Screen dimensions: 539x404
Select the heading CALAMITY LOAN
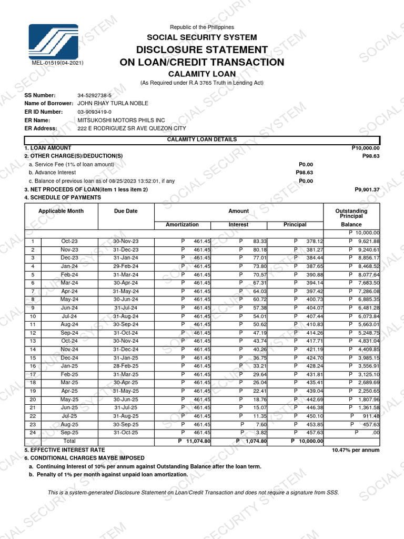[x=201, y=74]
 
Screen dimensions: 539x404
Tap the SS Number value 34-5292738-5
[x=94, y=95]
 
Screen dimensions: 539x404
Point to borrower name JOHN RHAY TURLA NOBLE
[x=113, y=103]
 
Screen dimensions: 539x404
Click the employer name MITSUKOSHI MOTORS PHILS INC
[x=121, y=120]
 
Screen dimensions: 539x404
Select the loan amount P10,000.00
[x=365, y=148]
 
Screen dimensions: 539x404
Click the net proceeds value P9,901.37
[x=367, y=189]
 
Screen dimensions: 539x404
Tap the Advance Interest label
[x=52, y=173]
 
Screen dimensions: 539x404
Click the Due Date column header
[x=126, y=211]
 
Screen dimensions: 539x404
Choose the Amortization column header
[x=182, y=225]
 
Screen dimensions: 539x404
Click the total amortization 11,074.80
[x=198, y=441]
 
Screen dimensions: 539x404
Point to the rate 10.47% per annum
[x=355, y=451]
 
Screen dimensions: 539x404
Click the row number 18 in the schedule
[x=33, y=383]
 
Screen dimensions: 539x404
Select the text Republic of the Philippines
[x=201, y=27]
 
